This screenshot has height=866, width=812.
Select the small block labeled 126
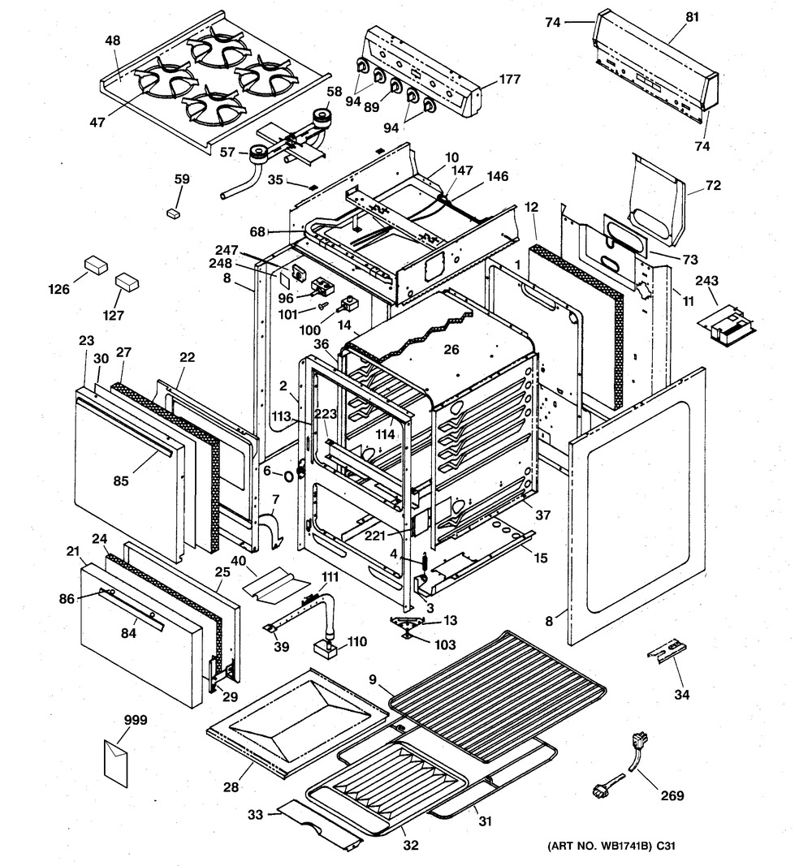pyautogui.click(x=97, y=266)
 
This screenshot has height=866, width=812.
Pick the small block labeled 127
pyautogui.click(x=127, y=282)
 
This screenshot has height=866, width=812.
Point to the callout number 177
pyautogui.click(x=509, y=80)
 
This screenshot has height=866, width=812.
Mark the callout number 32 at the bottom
pyautogui.click(x=411, y=844)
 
